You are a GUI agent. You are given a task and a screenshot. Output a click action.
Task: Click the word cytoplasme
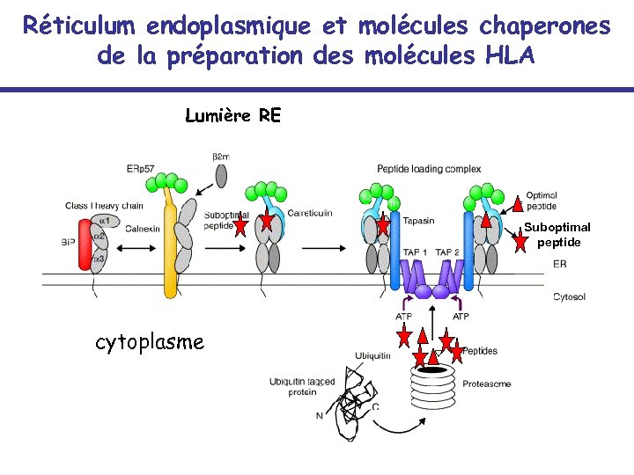[150, 341]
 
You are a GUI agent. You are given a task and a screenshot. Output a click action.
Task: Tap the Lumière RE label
[233, 115]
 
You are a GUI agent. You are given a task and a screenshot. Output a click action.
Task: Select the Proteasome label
[486, 384]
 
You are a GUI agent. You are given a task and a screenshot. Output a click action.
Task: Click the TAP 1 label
[416, 252]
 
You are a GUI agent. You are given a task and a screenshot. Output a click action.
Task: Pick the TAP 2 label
[447, 252]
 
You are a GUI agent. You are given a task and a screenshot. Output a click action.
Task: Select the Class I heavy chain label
[103, 206]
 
